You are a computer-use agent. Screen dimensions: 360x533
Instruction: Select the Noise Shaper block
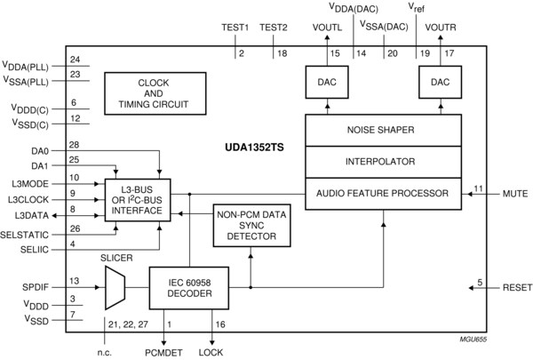point(383,130)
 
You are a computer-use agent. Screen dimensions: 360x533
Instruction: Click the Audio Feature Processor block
point(383,193)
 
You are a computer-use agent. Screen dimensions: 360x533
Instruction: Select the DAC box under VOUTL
point(327,82)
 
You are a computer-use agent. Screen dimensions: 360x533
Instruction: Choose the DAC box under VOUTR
point(440,82)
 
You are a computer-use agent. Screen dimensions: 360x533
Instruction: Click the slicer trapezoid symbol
point(115,286)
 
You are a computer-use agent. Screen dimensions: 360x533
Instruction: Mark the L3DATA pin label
point(33,215)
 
